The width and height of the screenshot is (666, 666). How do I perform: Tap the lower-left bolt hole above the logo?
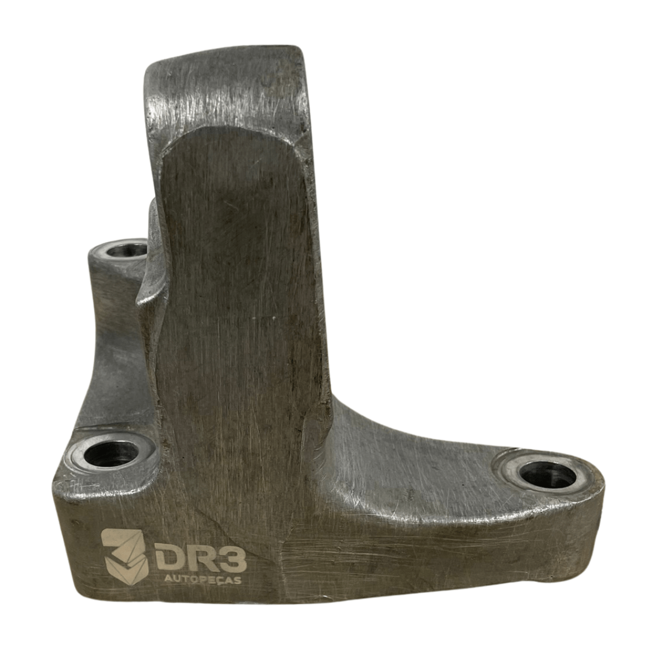(x=111, y=453)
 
